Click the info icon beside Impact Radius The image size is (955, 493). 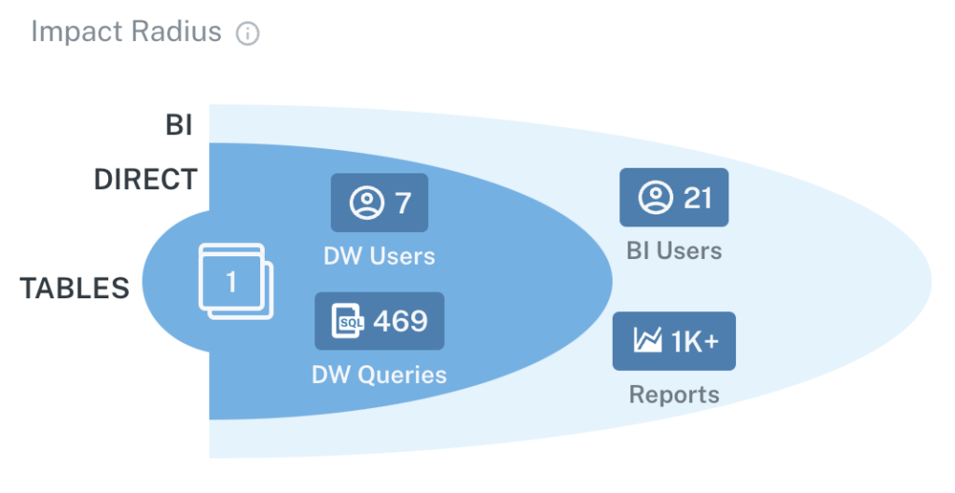[x=247, y=34]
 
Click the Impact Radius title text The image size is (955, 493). [x=126, y=32]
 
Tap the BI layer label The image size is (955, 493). [x=179, y=126]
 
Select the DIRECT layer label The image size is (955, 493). [x=145, y=180]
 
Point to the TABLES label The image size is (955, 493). [x=75, y=288]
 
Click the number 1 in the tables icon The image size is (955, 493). [x=231, y=281]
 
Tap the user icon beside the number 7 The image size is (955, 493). [x=367, y=202]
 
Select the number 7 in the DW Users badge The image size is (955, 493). [x=403, y=202]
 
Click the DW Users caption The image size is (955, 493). [x=380, y=256]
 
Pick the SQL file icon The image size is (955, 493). [x=348, y=321]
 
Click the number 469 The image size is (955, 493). [x=400, y=321]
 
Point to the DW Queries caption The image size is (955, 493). [x=380, y=375]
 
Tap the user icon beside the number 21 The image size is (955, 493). [x=656, y=198]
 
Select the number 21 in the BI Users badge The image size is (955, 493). [x=698, y=198]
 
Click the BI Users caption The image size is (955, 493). [x=674, y=251]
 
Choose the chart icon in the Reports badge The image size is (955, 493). [x=647, y=340]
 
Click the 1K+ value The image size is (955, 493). [x=695, y=341]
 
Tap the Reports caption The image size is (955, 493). [x=674, y=394]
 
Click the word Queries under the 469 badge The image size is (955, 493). [x=402, y=375]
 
